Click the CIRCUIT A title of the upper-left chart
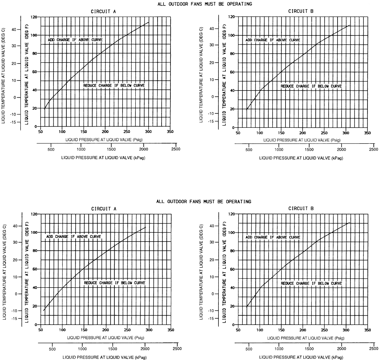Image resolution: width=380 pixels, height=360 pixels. (x=104, y=11)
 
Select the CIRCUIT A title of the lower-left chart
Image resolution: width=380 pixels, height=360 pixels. (x=104, y=209)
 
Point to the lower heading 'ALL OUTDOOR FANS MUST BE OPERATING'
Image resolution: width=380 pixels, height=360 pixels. (x=204, y=202)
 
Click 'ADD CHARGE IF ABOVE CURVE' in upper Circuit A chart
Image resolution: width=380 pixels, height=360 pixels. (x=75, y=40)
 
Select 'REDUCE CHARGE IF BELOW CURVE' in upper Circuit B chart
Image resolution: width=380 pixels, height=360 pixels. (x=311, y=86)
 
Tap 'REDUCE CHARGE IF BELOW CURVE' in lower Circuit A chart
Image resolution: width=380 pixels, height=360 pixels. (x=115, y=283)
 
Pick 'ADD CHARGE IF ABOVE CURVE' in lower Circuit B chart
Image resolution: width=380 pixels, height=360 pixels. (x=273, y=237)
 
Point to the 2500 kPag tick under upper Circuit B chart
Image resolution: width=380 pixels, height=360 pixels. (x=373, y=149)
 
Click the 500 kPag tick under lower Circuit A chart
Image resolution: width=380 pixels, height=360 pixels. (x=52, y=347)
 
